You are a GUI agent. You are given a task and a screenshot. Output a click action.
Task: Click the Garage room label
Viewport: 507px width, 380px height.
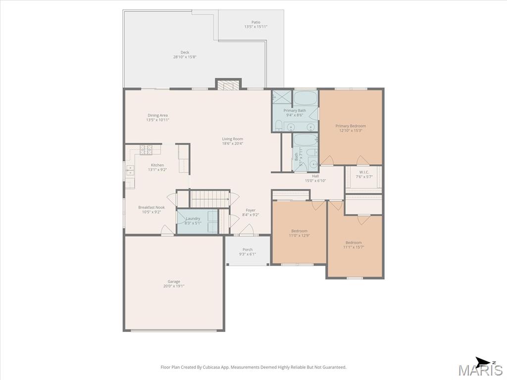coord(174,282)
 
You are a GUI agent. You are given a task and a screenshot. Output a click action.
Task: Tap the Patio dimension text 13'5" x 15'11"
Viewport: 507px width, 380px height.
coord(256,27)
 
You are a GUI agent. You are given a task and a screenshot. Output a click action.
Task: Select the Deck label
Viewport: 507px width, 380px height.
coord(185,52)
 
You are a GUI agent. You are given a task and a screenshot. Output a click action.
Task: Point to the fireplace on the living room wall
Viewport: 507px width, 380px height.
coord(229,84)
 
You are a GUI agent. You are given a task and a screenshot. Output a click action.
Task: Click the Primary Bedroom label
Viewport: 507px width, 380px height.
coord(351,126)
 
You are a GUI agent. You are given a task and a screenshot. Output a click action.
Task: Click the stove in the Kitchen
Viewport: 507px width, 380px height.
coord(146,149)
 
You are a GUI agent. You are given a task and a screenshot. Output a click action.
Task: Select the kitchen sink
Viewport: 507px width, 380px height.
coord(130,171)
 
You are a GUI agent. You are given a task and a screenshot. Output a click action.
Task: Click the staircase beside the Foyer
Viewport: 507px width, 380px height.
coord(209,199)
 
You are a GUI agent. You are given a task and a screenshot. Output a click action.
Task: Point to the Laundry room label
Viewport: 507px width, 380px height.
coord(193,219)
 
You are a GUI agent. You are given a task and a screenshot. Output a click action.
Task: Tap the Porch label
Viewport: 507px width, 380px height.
coord(248,249)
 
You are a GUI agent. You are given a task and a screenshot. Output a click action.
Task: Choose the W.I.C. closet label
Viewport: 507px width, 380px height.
coord(364,172)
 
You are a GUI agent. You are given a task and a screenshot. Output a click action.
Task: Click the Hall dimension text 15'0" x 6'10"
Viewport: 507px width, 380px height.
coord(315,181)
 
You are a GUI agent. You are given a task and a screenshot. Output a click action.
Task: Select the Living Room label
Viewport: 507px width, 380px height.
coord(233,139)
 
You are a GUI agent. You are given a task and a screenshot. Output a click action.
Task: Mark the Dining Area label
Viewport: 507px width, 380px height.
coord(157,115)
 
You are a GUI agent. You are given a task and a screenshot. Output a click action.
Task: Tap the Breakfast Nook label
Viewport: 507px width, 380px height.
coord(152,207)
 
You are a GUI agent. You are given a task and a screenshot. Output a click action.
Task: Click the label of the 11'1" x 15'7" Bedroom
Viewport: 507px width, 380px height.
coord(354,242)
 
